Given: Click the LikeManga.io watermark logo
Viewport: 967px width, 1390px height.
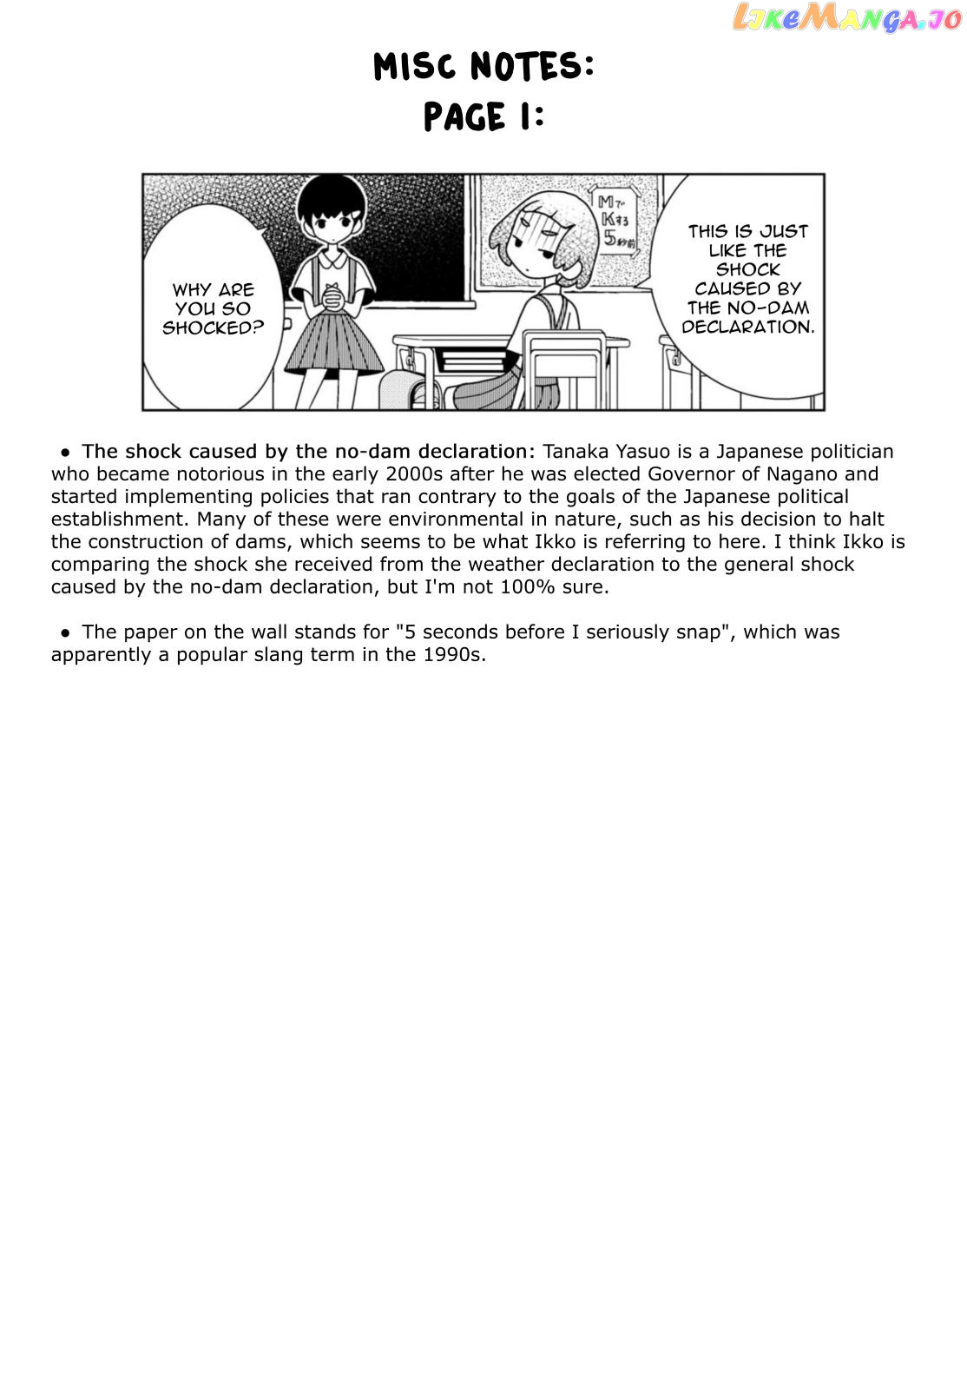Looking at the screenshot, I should [x=845, y=17].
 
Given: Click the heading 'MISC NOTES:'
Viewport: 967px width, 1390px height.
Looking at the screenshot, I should [x=483, y=67].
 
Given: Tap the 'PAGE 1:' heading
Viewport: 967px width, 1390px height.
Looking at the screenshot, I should [x=483, y=117].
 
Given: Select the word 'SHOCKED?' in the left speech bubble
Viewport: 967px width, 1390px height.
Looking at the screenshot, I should [x=213, y=328].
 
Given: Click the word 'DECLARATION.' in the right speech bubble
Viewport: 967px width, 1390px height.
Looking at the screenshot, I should [x=747, y=328].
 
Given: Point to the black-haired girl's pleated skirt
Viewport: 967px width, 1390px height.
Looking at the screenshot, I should [x=333, y=344].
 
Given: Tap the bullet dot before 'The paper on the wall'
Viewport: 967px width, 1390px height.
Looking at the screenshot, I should [x=65, y=632].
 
